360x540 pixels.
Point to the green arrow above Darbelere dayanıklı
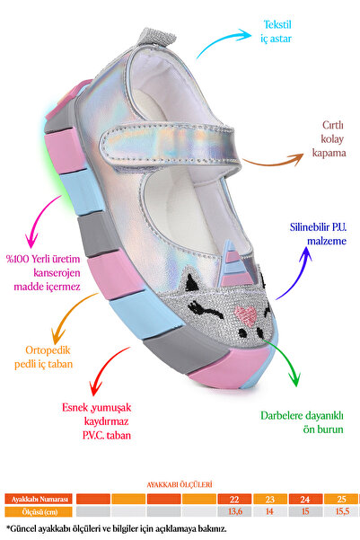click(x=285, y=359)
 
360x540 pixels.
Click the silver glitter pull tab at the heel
click(x=156, y=37)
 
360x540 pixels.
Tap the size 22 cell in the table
click(x=234, y=499)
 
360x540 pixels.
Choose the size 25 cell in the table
click(x=341, y=499)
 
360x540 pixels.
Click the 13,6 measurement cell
click(x=234, y=511)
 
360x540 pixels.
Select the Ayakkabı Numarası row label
click(x=39, y=499)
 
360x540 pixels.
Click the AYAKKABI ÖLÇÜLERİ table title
click(x=180, y=485)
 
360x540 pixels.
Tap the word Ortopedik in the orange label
click(x=48, y=350)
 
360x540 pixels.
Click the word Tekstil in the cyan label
click(x=277, y=25)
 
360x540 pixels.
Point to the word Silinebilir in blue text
click(x=305, y=227)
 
